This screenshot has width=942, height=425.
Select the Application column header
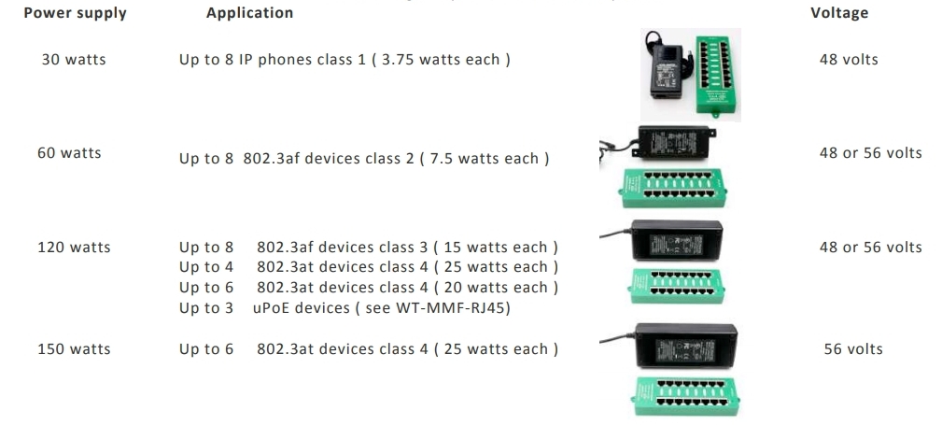tap(249, 13)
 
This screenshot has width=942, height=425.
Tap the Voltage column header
tap(839, 13)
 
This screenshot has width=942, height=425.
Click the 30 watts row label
tap(74, 60)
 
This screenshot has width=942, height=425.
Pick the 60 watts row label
tap(69, 152)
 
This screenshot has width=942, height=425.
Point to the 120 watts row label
tap(74, 248)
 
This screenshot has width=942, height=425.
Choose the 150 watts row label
tap(74, 349)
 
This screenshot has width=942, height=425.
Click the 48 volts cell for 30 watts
tap(849, 60)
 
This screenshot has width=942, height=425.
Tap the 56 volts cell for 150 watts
tap(852, 349)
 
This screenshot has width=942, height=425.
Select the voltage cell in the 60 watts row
tap(870, 152)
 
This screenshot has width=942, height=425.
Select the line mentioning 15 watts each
tap(369, 248)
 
